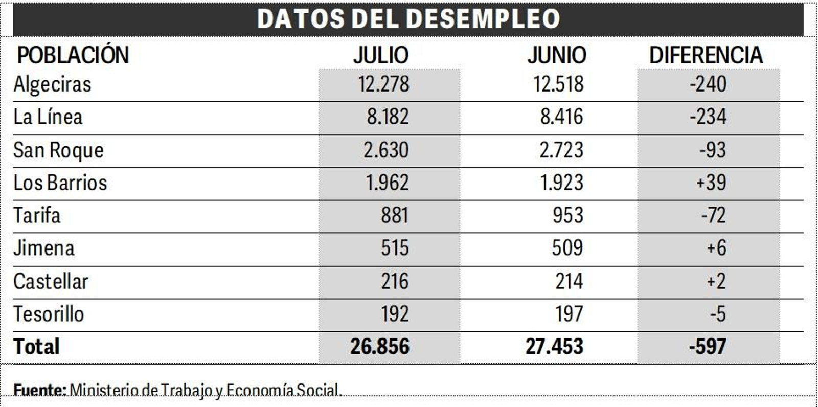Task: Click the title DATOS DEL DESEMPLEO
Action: (408, 19)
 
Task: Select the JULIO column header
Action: (381, 55)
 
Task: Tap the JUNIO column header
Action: (557, 55)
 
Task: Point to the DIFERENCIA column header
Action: (706, 55)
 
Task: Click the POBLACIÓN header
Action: (73, 55)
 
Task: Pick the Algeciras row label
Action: (52, 84)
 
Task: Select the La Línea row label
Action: (48, 117)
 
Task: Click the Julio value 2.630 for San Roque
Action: (386, 150)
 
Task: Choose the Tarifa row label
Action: (37, 215)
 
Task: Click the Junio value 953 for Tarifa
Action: (567, 215)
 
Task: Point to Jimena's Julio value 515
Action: (395, 248)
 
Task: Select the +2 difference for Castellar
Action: (716, 281)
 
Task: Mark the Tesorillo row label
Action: (49, 314)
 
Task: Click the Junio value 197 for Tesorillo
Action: (569, 314)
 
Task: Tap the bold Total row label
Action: (36, 347)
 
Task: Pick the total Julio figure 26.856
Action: (380, 347)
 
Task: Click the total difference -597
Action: (708, 347)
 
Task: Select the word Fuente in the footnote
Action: (39, 390)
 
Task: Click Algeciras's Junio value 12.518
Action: (558, 84)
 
